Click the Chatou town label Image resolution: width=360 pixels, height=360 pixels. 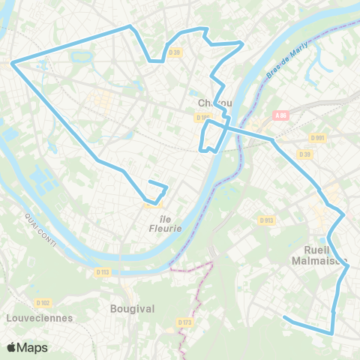tap(216, 103)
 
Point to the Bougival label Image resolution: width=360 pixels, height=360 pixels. tap(132, 308)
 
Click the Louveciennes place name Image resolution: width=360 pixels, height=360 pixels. tap(38, 317)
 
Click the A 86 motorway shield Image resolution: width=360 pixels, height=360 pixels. tap(281, 115)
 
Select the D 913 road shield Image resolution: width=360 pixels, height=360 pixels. tap(266, 220)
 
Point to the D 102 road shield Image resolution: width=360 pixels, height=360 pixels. tap(42, 303)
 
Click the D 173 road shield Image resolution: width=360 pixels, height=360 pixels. tap(185, 322)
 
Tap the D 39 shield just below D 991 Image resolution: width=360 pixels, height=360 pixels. tap(304, 154)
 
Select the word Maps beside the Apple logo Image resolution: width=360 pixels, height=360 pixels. tap(33, 347)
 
